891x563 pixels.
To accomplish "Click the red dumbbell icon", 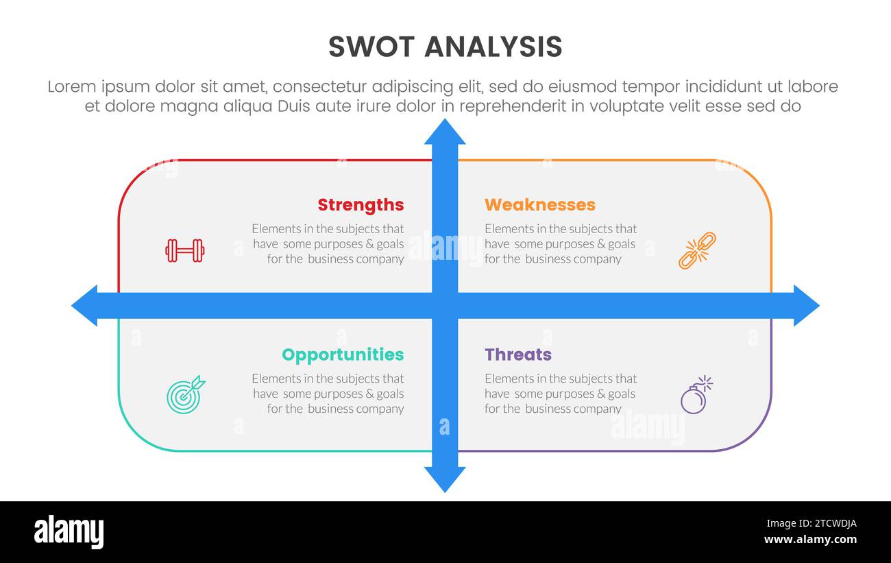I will click(x=185, y=250).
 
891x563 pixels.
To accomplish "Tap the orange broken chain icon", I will click(x=697, y=250).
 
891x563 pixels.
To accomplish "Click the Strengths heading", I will click(x=361, y=204).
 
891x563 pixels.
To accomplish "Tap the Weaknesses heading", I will click(x=540, y=204).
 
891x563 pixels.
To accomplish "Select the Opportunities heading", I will click(x=343, y=355).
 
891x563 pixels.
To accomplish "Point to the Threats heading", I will click(x=518, y=355).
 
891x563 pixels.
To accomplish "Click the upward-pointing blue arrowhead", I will click(x=445, y=132).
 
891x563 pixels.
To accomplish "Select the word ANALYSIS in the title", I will click(x=493, y=47).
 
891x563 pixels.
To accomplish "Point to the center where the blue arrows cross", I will click(x=445, y=305).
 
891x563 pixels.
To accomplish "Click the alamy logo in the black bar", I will click(x=69, y=532).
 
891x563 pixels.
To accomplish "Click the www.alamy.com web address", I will click(x=810, y=540).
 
